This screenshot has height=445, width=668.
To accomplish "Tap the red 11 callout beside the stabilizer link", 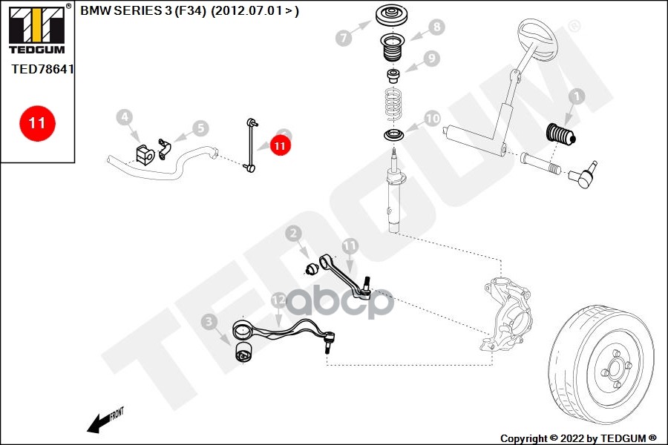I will point(280,147).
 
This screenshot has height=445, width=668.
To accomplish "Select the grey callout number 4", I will point(125,116).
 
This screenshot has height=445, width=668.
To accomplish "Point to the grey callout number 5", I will point(200,128).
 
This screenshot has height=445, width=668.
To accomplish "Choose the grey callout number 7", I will point(343,38).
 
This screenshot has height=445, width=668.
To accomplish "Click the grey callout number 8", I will point(436,27).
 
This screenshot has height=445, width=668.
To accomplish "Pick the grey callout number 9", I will point(432,58).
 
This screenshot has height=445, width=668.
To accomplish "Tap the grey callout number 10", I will point(432,118).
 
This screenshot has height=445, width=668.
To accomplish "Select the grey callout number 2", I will point(294,234).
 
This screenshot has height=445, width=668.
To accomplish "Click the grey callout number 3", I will point(209,321).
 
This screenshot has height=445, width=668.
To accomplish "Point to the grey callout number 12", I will point(278,300).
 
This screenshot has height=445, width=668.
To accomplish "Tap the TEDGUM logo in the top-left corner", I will point(37,30).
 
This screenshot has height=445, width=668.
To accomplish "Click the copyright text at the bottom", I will point(578,438).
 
